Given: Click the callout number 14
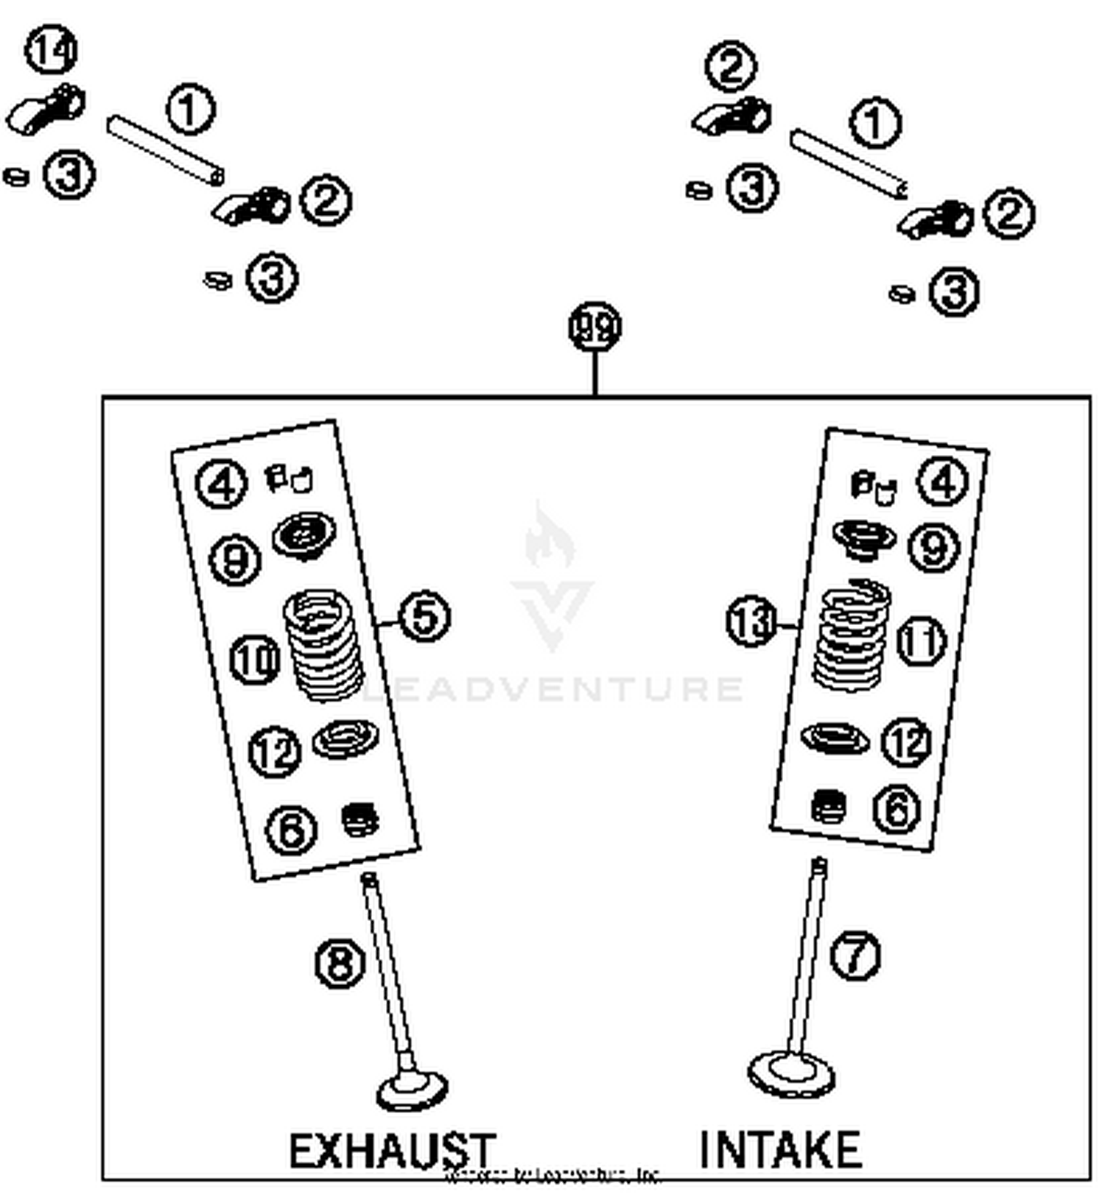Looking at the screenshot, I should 51,50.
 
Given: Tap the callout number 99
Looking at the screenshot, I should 594,327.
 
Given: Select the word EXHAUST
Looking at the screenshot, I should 392,1151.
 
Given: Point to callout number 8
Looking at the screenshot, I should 340,963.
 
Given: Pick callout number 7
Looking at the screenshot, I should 855,956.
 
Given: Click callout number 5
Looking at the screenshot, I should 424,616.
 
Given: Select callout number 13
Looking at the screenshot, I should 751,622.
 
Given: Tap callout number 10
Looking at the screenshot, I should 255,659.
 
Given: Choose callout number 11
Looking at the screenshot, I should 921,640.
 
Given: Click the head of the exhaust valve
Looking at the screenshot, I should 412,1091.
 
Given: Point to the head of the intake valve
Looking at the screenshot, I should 791,1076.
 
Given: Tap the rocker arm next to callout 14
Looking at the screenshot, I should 46,110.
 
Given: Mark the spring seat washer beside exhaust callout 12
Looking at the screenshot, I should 345,738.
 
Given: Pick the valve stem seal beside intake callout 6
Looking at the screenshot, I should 828,807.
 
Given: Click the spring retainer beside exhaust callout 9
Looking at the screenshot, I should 304,535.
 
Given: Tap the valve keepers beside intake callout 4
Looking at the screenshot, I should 873,486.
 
